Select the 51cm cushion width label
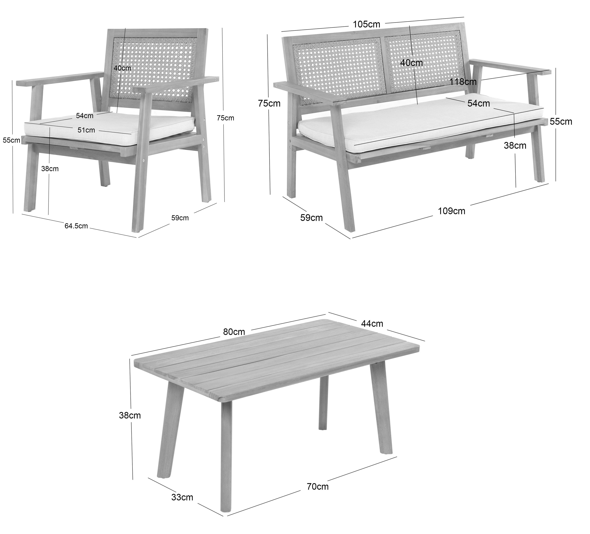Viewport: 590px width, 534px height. click(86, 130)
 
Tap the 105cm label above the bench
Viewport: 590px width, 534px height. click(366, 24)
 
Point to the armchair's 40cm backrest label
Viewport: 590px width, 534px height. click(122, 68)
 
